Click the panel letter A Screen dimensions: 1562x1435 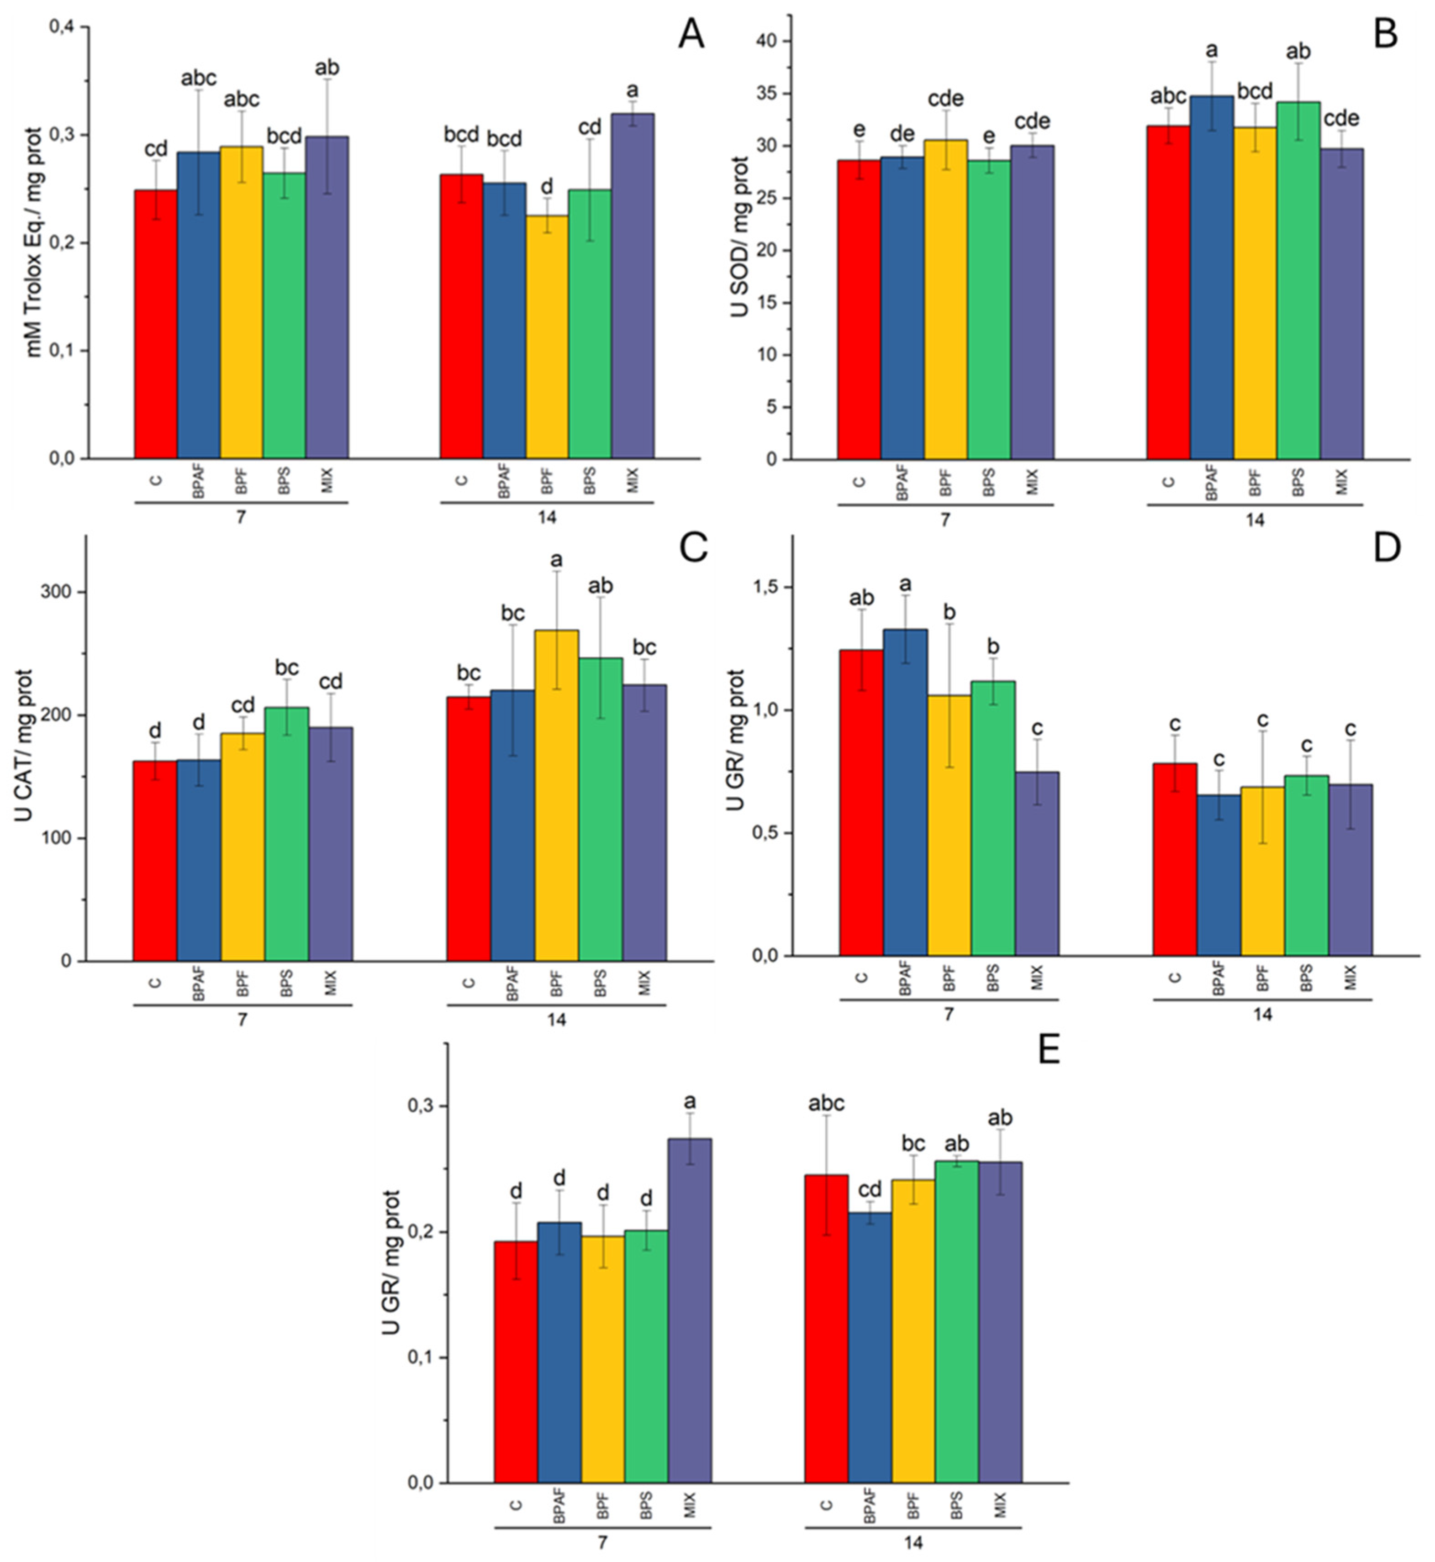click(x=691, y=35)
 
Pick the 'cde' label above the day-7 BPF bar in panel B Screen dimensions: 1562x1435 click(x=945, y=99)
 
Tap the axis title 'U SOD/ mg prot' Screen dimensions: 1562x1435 click(x=739, y=237)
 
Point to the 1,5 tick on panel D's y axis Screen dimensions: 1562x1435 click(x=770, y=588)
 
